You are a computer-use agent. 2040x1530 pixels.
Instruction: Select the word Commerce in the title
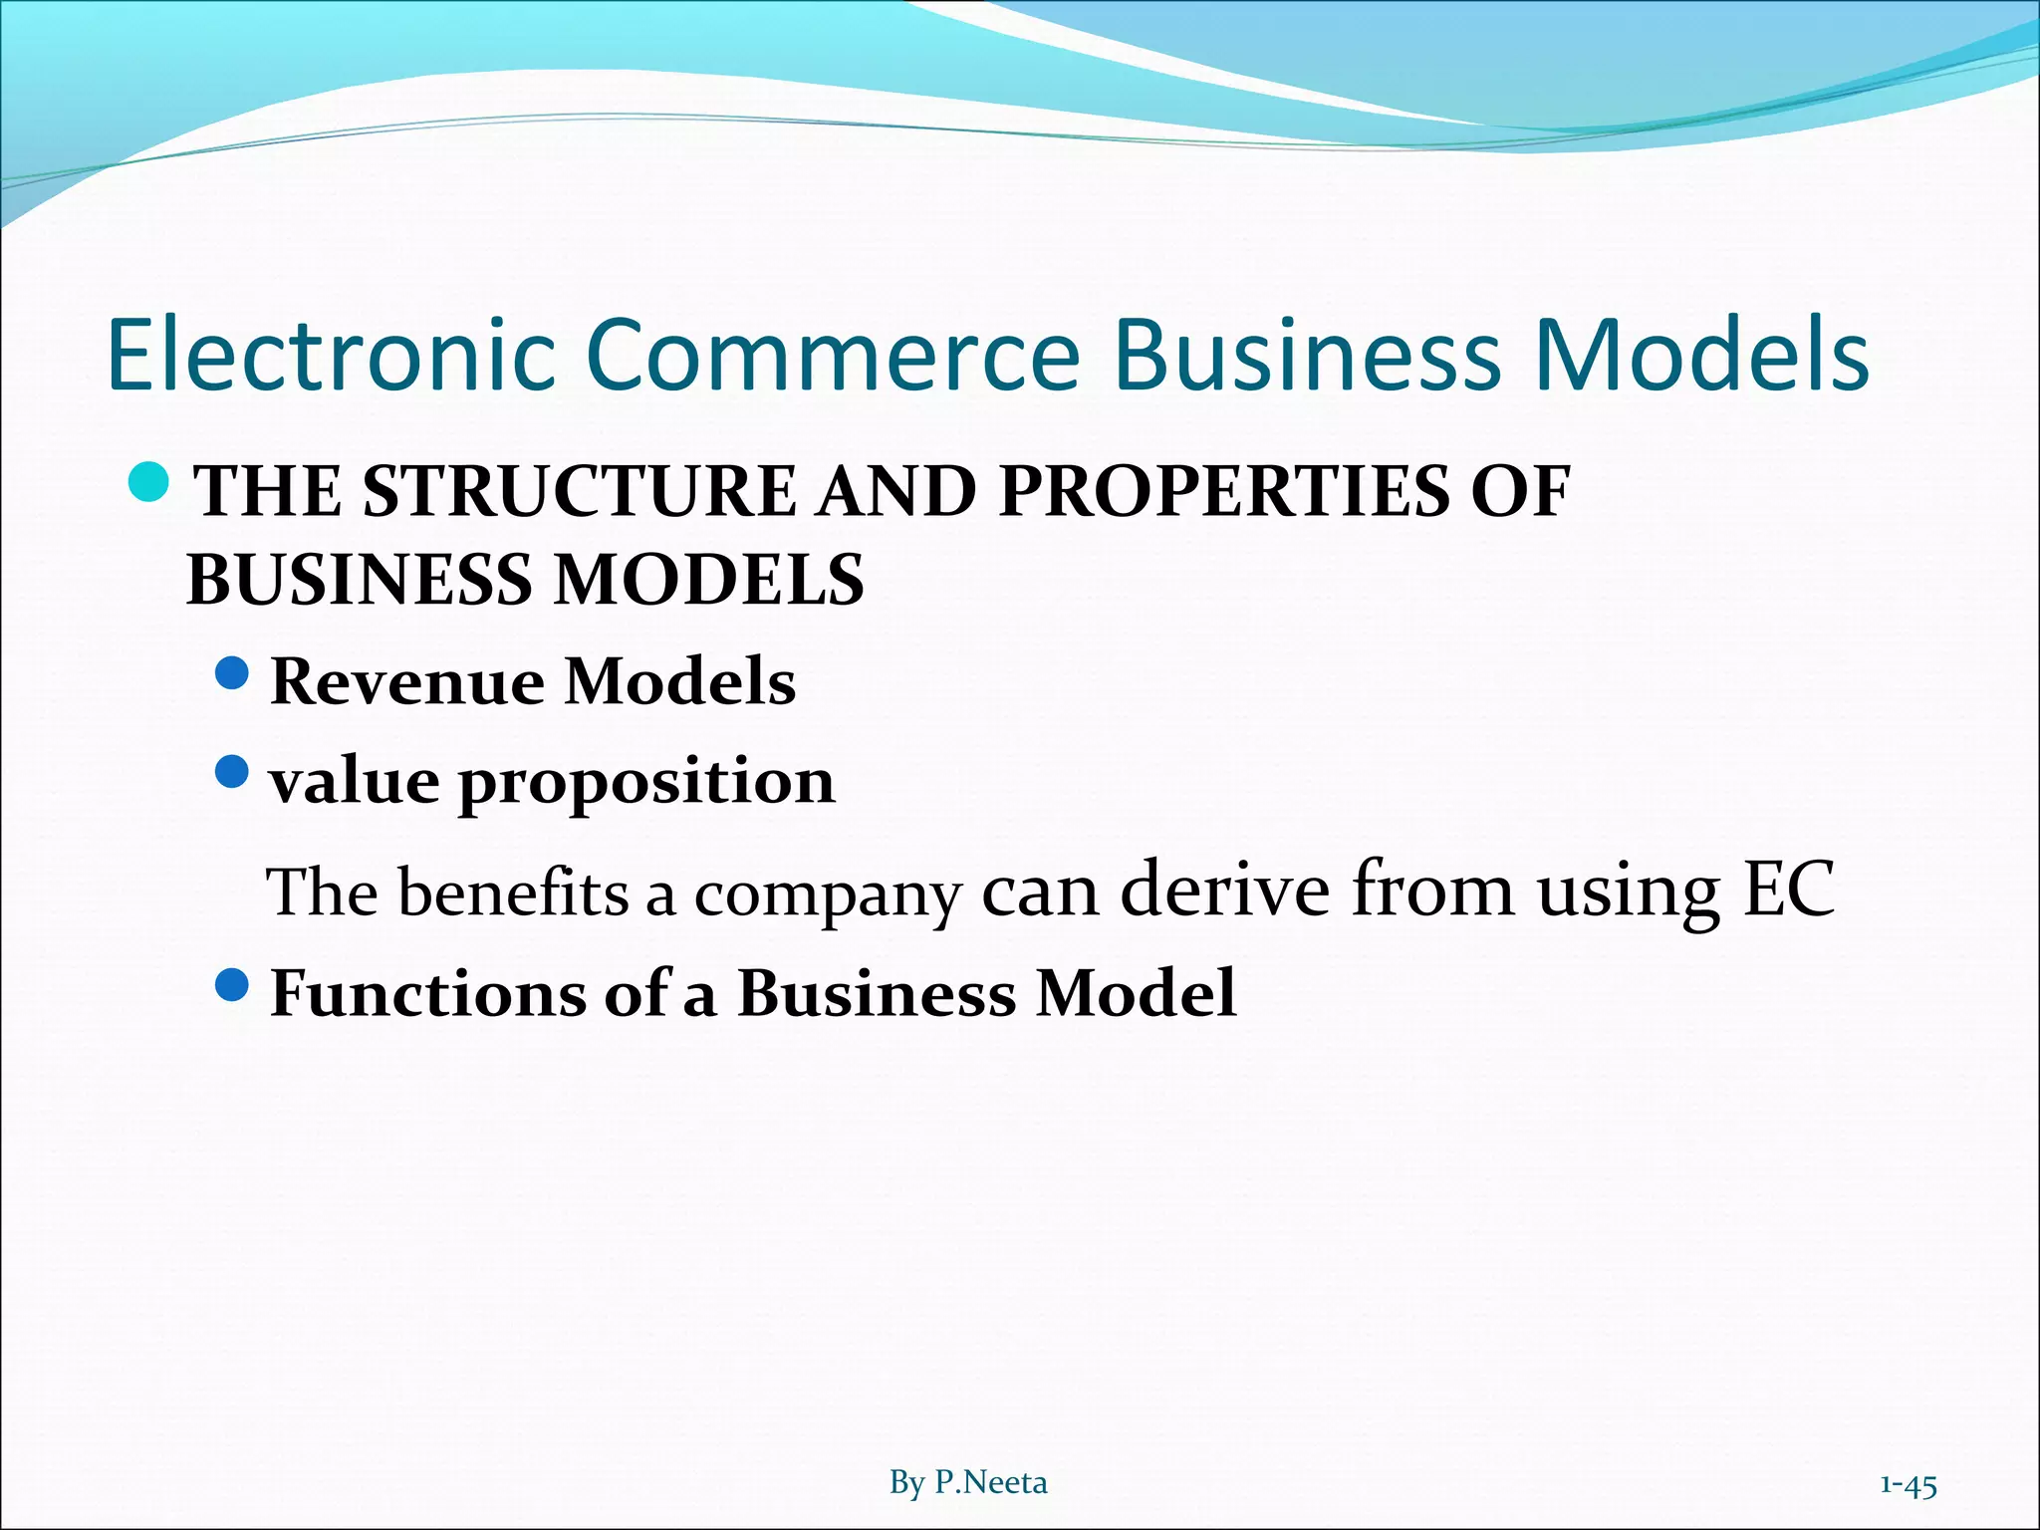click(833, 355)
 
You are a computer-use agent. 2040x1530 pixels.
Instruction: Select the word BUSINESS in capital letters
click(360, 580)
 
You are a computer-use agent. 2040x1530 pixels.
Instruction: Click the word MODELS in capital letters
click(708, 580)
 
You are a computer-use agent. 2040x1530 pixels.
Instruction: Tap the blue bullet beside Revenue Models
click(231, 674)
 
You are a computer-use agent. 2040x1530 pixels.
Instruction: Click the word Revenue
click(407, 682)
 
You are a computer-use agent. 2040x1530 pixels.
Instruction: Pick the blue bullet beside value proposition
click(231, 772)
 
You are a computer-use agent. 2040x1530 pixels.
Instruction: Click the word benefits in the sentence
click(513, 892)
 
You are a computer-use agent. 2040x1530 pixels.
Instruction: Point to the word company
click(828, 895)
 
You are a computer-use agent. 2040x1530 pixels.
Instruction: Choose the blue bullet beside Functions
click(231, 986)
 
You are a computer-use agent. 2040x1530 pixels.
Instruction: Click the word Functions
click(428, 993)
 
